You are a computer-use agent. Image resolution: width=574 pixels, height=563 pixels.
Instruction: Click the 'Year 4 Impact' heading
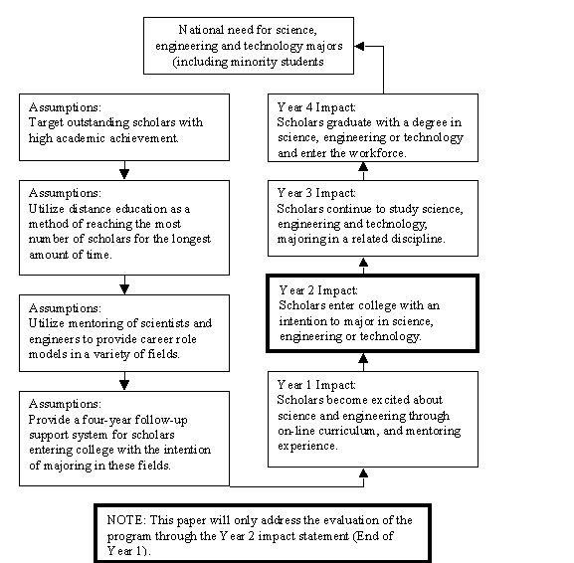316,107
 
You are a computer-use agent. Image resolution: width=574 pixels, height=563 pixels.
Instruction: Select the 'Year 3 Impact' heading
316,193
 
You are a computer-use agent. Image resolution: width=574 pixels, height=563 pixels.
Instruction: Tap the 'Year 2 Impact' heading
317,290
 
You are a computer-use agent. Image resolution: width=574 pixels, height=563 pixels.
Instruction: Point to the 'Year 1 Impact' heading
316,385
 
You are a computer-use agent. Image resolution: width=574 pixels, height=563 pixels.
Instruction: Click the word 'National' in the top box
201,30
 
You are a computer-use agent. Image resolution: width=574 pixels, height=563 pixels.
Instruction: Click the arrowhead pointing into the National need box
359,46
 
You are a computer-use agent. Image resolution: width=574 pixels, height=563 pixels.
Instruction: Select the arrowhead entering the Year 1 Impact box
363,472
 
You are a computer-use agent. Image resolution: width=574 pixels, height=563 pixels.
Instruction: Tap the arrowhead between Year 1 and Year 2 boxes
363,358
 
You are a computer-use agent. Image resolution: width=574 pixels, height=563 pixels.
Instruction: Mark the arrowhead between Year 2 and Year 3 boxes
363,262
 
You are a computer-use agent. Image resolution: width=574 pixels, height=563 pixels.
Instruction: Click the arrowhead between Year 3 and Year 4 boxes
363,166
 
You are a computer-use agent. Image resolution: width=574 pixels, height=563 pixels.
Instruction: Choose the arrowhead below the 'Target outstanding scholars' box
124,174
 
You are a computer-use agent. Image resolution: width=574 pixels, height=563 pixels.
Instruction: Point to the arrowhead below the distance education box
124,289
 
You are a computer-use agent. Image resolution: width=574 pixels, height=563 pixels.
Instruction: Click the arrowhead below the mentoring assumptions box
124,385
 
